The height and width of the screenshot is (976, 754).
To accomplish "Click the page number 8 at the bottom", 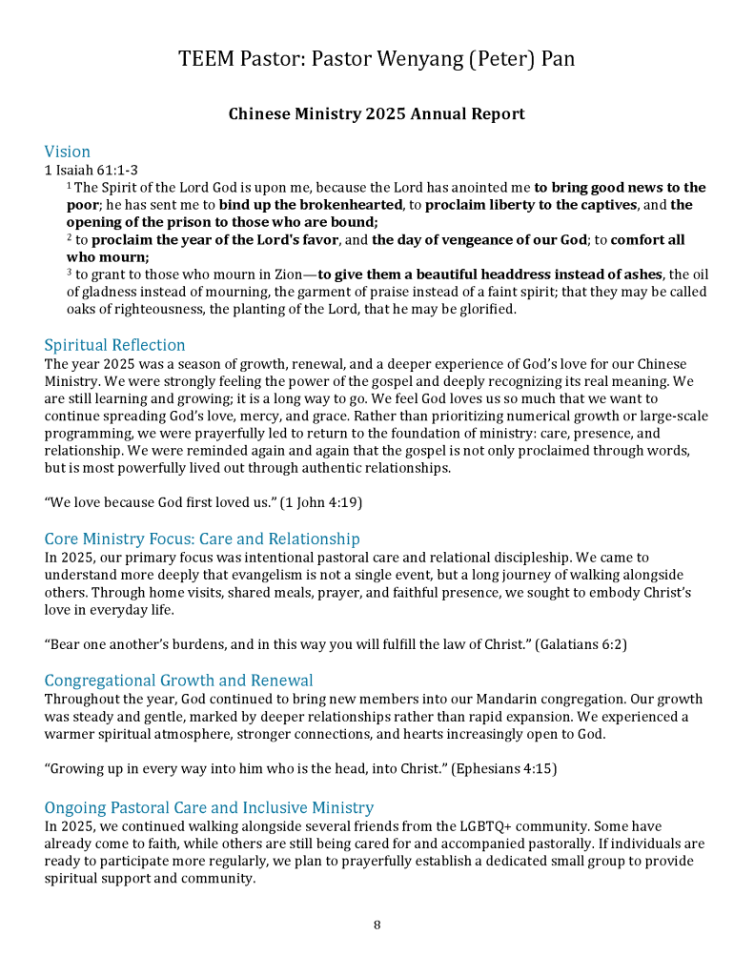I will tap(377, 925).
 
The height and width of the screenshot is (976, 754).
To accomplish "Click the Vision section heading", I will tap(68, 152).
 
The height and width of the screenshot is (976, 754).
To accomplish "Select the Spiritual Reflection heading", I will tap(115, 345).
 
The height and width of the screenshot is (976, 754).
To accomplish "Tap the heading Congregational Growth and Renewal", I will tap(179, 681).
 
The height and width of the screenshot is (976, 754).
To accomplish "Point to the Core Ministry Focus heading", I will tap(202, 539).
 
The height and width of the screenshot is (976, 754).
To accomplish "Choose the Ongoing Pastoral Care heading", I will tap(209, 808).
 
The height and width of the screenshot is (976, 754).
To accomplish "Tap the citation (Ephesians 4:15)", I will tap(504, 768).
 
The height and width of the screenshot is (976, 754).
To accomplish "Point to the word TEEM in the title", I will tap(206, 59).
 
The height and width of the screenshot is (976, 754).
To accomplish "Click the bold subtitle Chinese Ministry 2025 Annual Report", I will tap(377, 114).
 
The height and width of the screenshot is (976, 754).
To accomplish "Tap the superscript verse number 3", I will tap(69, 273).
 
